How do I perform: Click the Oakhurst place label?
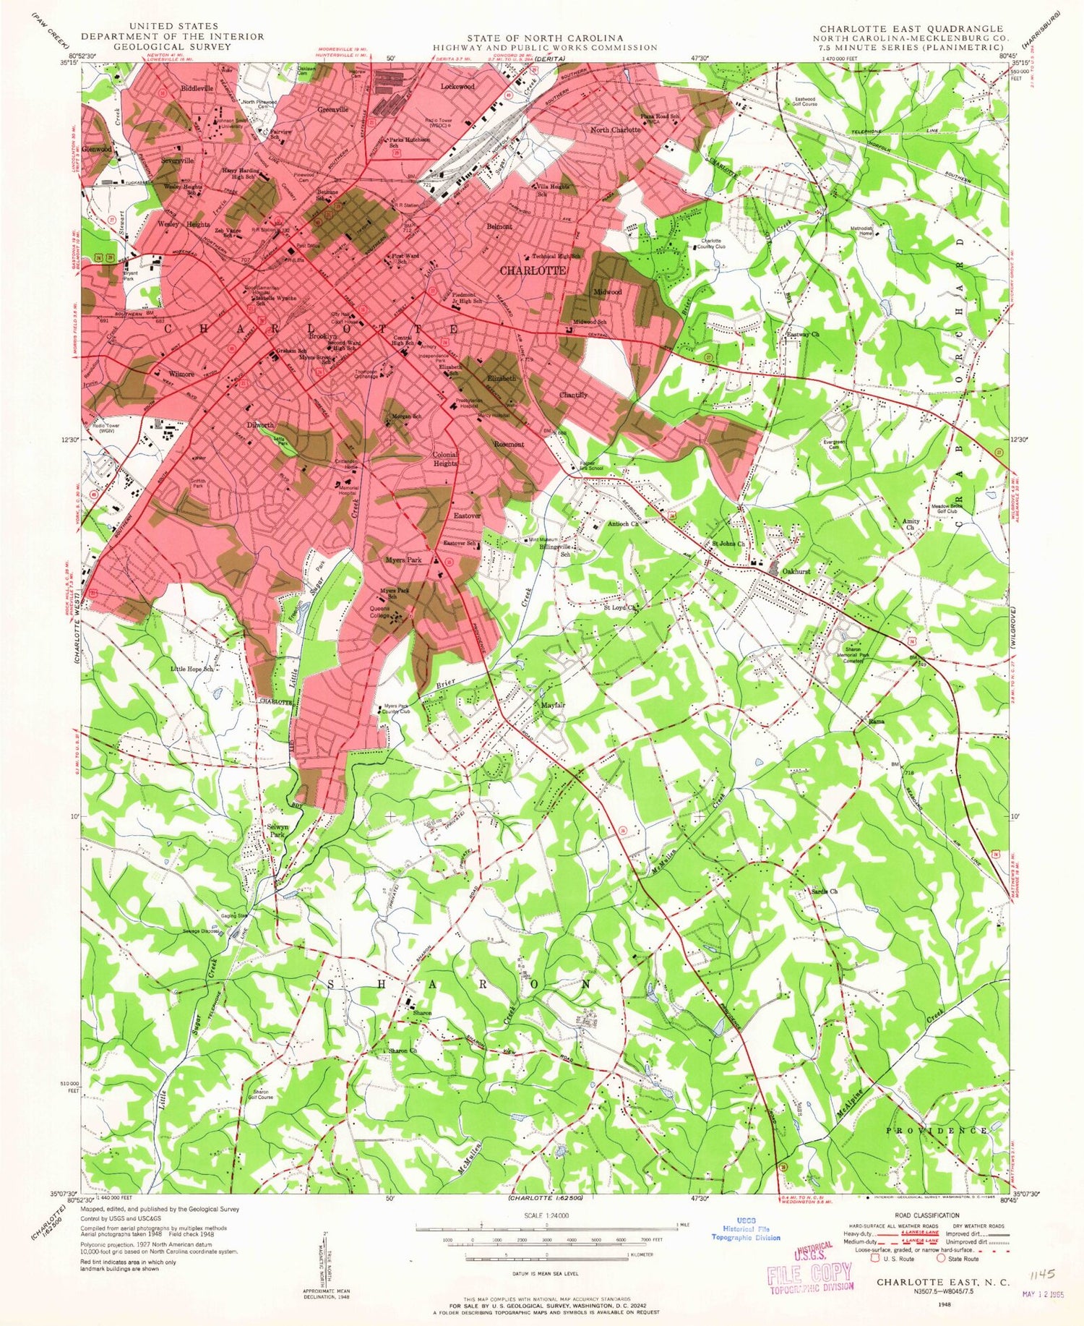point(796,571)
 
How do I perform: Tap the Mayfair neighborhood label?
point(553,705)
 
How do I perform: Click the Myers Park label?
point(403,560)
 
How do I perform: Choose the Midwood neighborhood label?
point(608,292)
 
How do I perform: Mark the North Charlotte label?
point(615,130)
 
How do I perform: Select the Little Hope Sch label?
point(192,669)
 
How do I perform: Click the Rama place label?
point(877,722)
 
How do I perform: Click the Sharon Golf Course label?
point(262,1095)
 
